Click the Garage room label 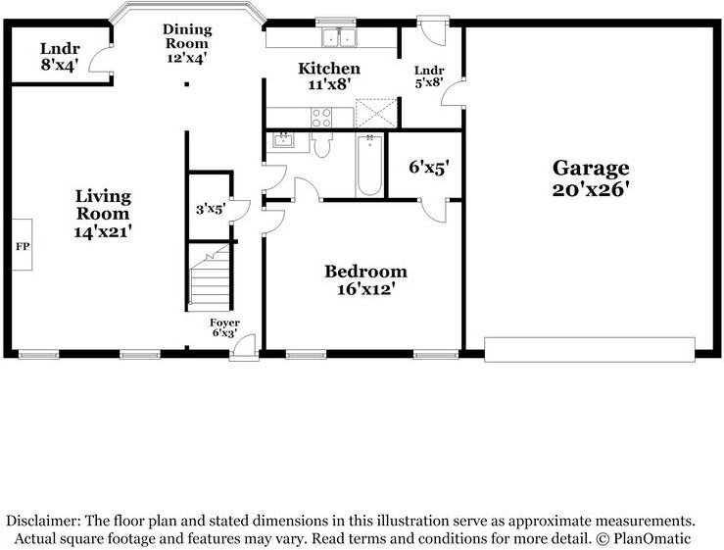[589, 168]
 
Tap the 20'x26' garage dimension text [589, 188]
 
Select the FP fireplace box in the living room [22, 244]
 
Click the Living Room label [103, 204]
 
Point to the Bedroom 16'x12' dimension [365, 289]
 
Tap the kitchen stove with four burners [320, 117]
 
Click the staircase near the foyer [210, 277]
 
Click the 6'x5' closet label [427, 168]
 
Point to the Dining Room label [185, 36]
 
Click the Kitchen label [328, 69]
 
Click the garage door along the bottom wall [590, 348]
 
